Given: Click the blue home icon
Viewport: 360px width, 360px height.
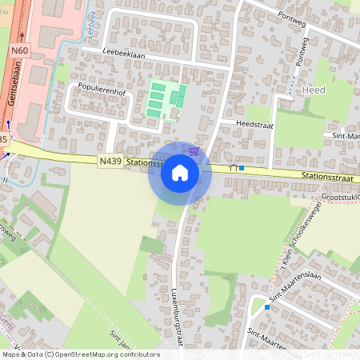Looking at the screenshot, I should pos(180,172).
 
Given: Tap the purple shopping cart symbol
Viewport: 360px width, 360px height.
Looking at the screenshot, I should pos(194,150).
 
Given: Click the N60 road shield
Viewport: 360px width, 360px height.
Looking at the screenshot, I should pos(19,50).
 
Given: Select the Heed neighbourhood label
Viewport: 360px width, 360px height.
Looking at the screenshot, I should pos(314,90).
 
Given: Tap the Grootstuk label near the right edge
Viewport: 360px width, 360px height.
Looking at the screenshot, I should pos(339,196).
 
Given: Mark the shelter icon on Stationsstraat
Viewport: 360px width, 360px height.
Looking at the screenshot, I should pos(233,168).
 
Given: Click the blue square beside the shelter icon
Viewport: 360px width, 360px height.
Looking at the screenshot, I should pos(242,168).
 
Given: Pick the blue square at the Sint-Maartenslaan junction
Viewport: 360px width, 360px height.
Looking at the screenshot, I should pos(267,306).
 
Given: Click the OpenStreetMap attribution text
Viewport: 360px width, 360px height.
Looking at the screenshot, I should pos(81,354).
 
